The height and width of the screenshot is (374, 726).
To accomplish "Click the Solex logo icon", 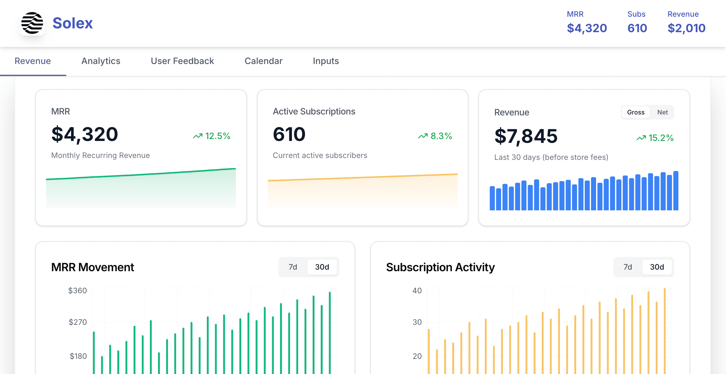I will [32, 23].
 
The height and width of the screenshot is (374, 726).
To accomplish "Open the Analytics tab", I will [101, 61].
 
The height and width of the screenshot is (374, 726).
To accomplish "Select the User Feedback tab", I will [182, 61].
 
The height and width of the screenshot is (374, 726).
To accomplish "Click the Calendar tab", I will [263, 61].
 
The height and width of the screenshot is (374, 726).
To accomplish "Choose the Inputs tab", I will [325, 61].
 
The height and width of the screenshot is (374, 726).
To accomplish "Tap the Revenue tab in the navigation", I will [33, 61].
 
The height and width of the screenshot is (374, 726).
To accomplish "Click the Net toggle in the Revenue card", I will [662, 112].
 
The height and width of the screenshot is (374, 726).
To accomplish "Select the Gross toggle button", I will [635, 112].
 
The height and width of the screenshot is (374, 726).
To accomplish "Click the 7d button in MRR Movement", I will [293, 267].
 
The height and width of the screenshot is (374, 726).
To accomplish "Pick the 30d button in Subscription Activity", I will [657, 267].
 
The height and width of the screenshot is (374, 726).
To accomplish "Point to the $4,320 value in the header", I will [587, 28].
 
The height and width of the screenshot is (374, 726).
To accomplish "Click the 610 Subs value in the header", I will [637, 28].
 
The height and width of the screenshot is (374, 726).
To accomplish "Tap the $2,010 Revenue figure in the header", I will [686, 28].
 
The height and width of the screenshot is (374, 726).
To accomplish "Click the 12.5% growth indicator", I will [212, 136].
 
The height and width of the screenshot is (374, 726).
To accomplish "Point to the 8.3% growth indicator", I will [435, 136].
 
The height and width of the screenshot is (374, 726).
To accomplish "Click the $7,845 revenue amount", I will [526, 136].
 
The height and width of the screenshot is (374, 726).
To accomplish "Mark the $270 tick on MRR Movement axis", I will [78, 322].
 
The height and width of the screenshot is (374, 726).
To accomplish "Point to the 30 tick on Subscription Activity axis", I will [417, 322].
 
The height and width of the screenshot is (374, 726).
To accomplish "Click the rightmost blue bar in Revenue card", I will [676, 191].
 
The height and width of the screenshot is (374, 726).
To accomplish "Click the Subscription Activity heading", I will [440, 267].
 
